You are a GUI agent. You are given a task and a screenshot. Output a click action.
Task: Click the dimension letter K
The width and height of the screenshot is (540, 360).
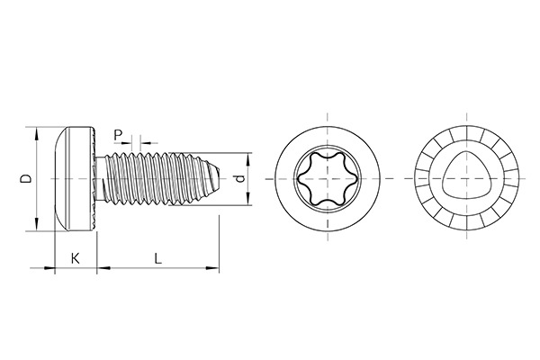coord(75,258)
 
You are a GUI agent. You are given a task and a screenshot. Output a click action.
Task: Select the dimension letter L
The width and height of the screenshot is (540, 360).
coord(157,258)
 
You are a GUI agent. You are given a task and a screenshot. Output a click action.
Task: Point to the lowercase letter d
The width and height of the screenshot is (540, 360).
coord(238,179)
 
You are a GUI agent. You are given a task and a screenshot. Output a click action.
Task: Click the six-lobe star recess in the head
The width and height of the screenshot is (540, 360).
coord(325,179)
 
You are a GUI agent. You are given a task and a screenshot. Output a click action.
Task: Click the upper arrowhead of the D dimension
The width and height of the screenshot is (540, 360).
coord(37,135)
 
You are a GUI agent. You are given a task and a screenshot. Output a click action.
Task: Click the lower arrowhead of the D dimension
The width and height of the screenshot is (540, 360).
coord(37,223)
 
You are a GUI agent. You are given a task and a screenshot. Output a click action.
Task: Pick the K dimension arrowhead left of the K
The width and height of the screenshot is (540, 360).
coord(50,268)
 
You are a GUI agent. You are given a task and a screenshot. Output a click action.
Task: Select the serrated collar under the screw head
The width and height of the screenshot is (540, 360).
coord(94,179)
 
